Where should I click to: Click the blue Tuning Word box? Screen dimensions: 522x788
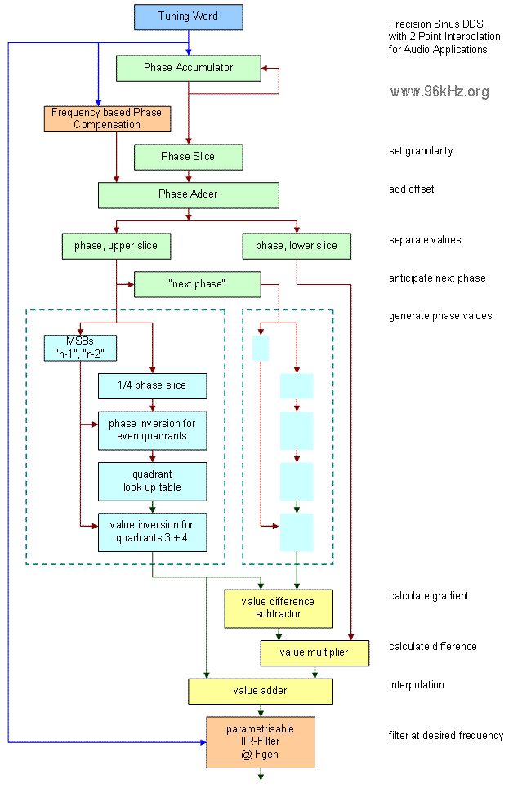[x=189, y=17]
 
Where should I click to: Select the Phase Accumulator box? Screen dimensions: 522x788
[x=189, y=68]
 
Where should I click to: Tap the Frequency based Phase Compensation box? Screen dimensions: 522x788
[x=107, y=119]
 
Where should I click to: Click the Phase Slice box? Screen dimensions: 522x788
[x=189, y=157]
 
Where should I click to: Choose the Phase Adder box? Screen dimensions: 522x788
[x=189, y=195]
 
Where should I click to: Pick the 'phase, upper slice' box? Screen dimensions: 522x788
[x=116, y=247]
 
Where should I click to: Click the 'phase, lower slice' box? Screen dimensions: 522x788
[x=297, y=247]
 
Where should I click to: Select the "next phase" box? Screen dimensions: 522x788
[x=198, y=284]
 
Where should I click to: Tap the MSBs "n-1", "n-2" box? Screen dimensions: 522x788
[x=80, y=348]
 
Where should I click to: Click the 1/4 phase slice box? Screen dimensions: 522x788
[x=153, y=386]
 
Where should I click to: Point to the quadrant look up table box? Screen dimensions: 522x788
[x=153, y=482]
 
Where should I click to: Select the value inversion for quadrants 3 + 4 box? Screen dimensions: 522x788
[x=153, y=532]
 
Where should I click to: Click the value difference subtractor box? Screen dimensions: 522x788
[x=279, y=608]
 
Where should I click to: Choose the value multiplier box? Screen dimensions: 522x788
[x=315, y=652]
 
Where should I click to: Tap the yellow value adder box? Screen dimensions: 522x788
[x=261, y=691]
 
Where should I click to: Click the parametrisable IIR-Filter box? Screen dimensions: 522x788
[x=261, y=742]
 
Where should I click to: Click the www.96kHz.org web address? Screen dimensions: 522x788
[x=439, y=91]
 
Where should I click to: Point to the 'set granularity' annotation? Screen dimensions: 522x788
[x=421, y=151]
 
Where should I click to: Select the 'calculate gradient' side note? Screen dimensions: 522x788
[x=428, y=596]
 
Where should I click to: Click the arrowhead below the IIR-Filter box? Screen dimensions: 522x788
[x=261, y=777]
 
